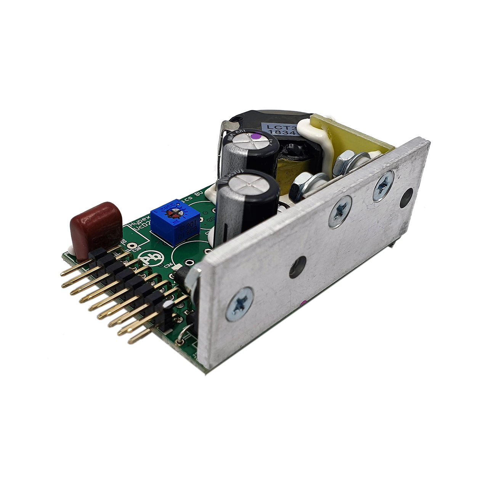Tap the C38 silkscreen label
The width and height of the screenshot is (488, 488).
coord(136,245)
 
